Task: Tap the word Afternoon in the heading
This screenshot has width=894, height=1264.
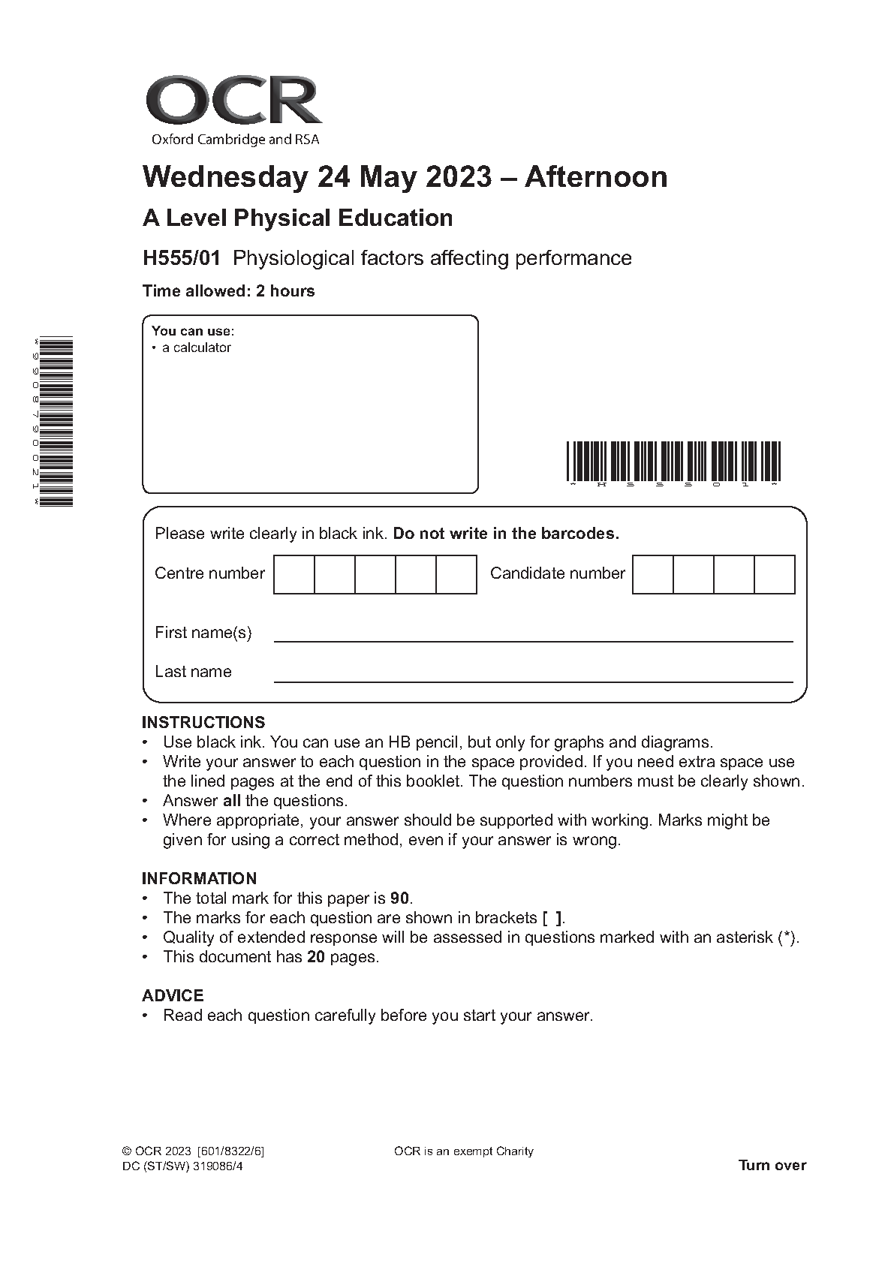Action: coord(595,177)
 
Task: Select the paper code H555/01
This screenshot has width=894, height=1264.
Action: coord(182,258)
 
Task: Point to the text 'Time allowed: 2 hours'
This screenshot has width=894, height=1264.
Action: coord(228,291)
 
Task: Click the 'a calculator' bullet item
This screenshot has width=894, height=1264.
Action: coord(197,348)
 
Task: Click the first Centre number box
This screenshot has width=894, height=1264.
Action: coord(293,574)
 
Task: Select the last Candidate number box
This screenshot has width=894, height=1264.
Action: coord(774,574)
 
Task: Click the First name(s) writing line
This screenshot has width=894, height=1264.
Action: coord(533,640)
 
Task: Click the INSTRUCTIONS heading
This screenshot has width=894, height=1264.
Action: coord(203,722)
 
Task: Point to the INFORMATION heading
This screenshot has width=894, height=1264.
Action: coord(199,878)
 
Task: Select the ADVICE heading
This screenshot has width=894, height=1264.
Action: coord(173,995)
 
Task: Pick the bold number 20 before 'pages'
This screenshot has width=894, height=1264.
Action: coord(315,957)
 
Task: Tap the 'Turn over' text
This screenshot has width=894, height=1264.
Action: coord(772,1165)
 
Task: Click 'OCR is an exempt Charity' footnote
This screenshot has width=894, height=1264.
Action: coord(463,1151)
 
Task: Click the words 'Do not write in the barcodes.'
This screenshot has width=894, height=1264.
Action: coord(506,534)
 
